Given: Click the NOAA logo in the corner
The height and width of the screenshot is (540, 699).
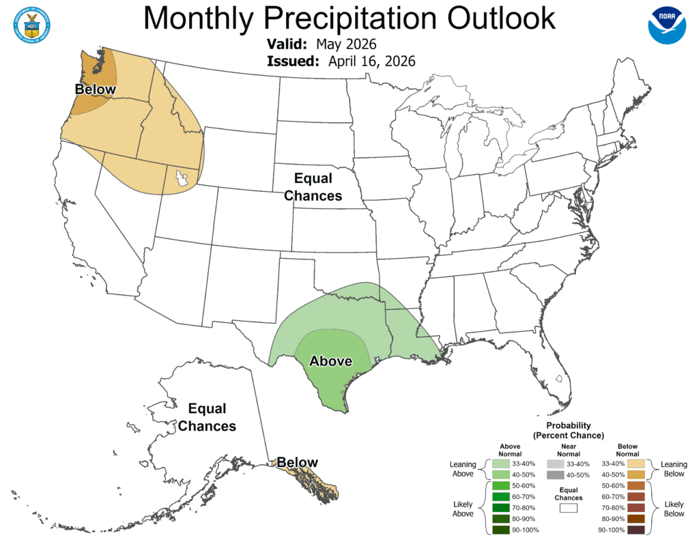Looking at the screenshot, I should coord(666,25).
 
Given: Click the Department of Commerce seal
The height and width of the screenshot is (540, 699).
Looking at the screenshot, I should coord(31,25).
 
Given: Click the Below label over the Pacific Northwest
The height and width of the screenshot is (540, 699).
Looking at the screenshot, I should coord(96,90).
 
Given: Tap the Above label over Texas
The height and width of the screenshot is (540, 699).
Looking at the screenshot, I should coord(331,361).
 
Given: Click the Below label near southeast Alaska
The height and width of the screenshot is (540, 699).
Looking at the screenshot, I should coord(297,463).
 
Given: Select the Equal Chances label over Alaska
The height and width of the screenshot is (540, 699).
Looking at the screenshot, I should coord(207,417).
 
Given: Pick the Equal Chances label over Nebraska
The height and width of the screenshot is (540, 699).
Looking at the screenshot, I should coord(313,187).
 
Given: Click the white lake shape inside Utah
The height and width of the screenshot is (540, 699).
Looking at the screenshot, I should coord(182,179).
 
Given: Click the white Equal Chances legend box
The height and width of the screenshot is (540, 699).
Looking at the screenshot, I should coord(568,508).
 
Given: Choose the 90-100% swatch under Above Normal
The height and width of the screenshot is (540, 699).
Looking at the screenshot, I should coord(501,530).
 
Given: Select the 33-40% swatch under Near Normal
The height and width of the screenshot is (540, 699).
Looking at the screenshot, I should coord(554,464).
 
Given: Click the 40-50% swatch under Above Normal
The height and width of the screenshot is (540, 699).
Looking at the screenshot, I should coord(501,474).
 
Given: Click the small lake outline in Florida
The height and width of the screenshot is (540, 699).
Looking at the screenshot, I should coord(558,379).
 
